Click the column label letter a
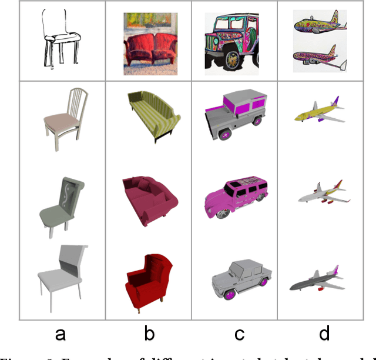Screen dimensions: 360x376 point(61,335)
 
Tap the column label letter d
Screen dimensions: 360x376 point(324,334)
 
